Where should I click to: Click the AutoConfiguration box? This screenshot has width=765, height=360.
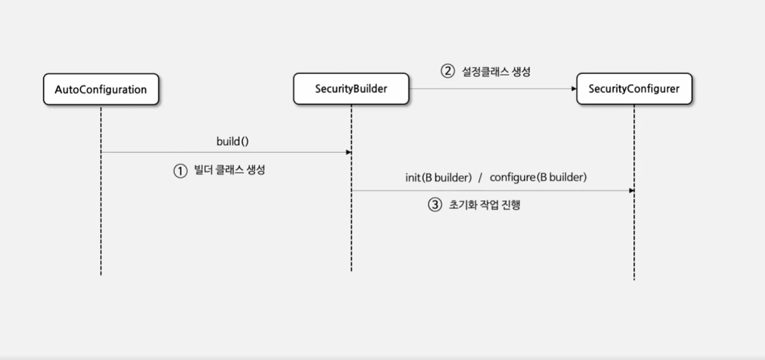[x=101, y=90]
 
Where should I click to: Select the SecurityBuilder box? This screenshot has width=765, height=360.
[x=351, y=89]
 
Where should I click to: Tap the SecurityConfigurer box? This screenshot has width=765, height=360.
[x=634, y=89]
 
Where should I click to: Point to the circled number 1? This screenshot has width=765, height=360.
[x=180, y=171]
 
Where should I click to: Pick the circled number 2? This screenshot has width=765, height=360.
[x=447, y=71]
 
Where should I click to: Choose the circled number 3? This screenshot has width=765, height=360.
[x=435, y=205]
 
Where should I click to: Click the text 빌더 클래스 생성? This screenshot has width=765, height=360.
[x=230, y=171]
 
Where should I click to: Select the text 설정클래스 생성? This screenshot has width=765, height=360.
[x=496, y=72]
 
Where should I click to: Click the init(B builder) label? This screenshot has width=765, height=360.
[x=438, y=177]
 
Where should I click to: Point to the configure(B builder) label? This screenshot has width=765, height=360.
[x=538, y=177]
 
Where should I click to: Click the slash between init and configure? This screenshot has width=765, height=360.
[x=480, y=178]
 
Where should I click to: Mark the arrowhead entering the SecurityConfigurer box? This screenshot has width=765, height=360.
[x=573, y=89]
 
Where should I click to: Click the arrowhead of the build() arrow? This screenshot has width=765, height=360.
[x=349, y=152]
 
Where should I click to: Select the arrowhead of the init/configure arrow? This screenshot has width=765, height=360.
[x=632, y=190]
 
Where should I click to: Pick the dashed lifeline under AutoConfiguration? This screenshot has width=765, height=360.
[x=101, y=225]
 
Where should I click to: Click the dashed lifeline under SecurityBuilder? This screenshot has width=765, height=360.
[x=352, y=237]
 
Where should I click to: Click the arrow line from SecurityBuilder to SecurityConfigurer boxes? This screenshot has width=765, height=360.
[x=492, y=89]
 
